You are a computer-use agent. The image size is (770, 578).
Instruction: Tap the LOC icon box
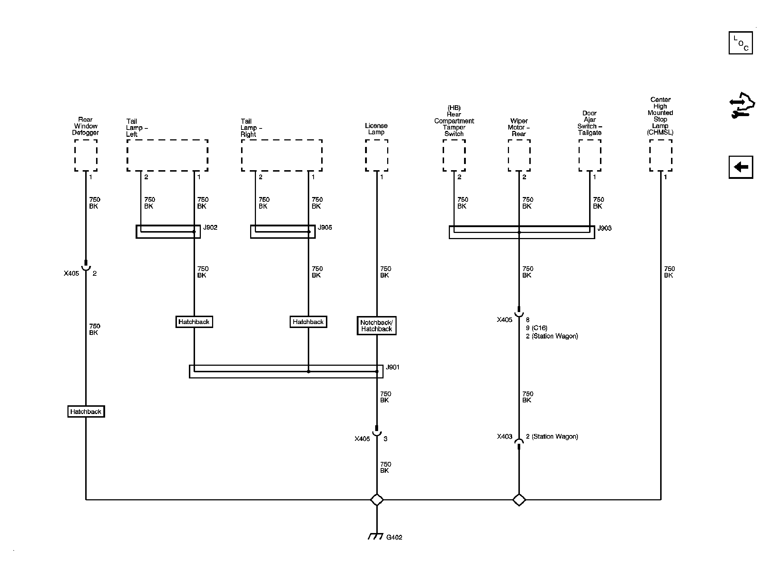741,43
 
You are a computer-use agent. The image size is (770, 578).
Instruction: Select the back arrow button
741,167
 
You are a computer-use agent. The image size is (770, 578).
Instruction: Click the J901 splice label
393,367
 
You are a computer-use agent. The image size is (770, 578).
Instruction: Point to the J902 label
210,227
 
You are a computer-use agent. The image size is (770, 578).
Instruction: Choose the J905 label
325,227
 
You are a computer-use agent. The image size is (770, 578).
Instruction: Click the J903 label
604,228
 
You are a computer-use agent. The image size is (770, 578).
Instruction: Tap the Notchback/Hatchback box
377,325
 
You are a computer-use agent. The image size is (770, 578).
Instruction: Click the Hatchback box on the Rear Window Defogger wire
86,411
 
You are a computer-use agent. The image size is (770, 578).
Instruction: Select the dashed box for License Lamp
377,155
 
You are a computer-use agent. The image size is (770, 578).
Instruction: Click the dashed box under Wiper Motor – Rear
519,155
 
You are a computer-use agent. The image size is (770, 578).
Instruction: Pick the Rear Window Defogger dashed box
86,155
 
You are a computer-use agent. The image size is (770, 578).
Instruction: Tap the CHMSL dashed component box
661,155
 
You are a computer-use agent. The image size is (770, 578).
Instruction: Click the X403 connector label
505,436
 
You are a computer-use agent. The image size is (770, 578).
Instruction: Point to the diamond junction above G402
377,500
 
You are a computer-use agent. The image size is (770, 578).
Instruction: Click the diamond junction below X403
519,500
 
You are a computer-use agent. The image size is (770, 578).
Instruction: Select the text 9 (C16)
537,328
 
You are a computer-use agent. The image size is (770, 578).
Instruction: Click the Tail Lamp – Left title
137,128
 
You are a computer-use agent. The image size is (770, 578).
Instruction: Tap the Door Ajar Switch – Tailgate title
590,123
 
